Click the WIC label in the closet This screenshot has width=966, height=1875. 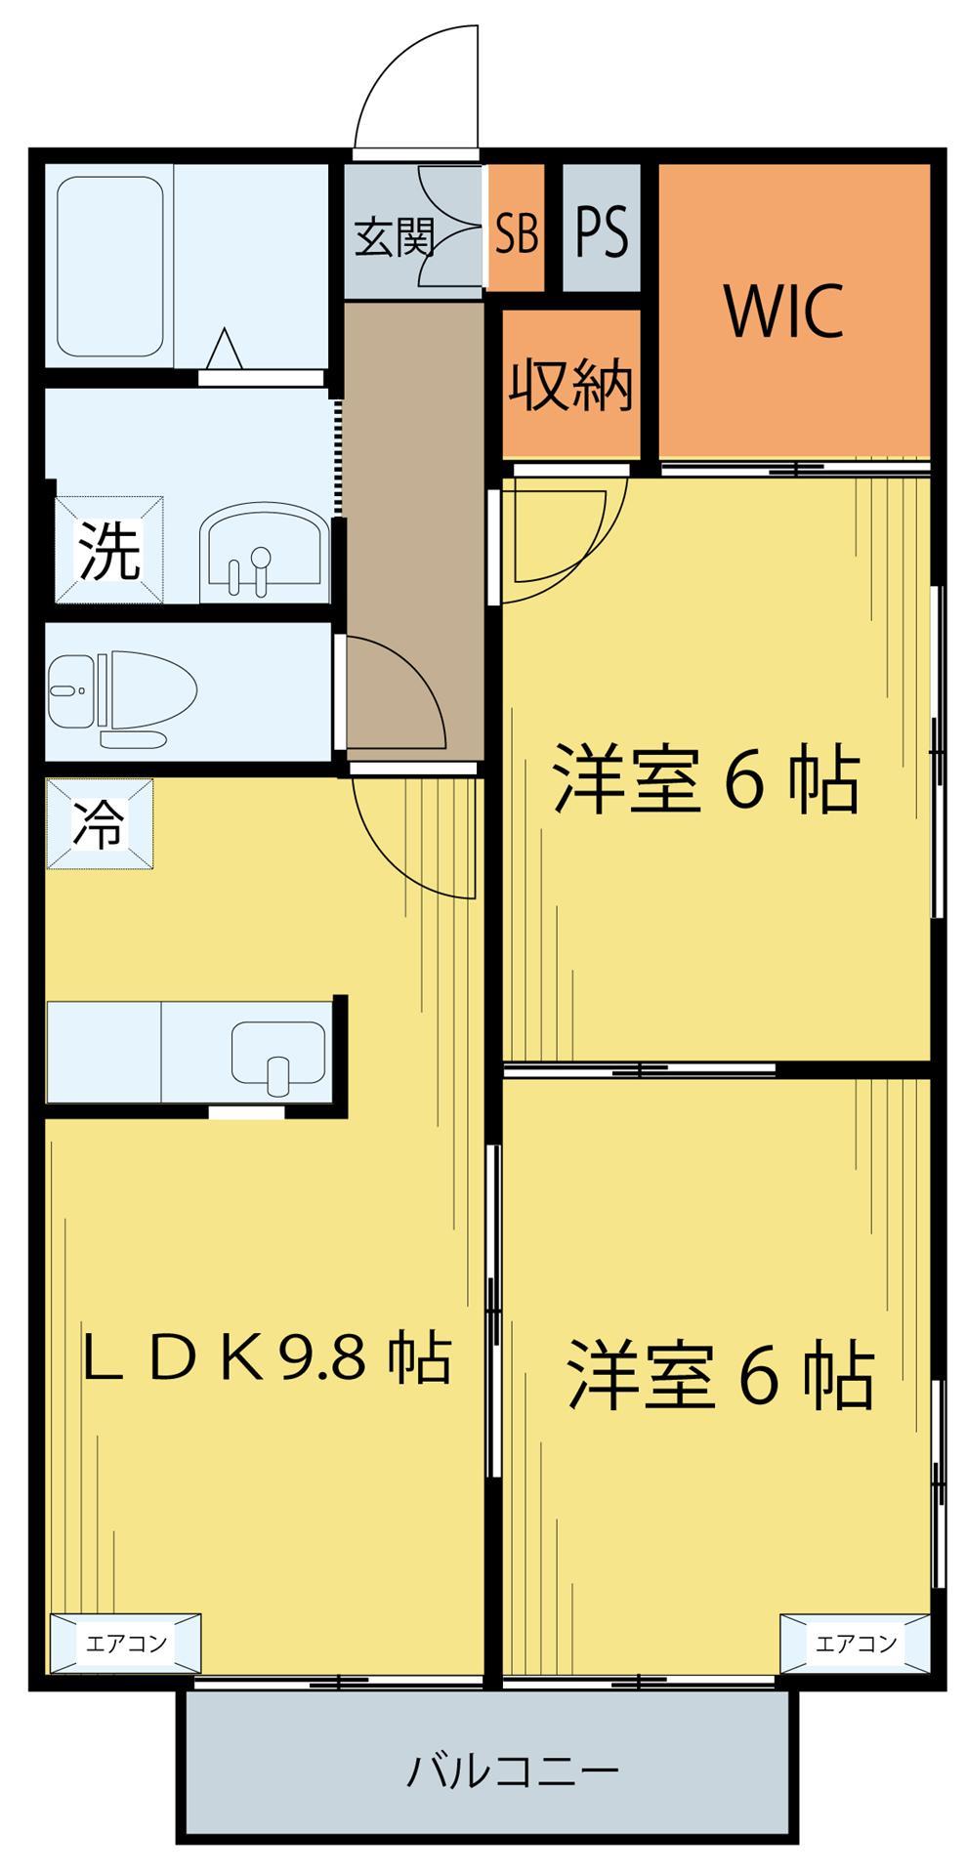(x=782, y=312)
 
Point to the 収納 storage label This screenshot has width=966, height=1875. (x=570, y=384)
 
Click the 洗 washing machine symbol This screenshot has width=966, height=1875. (x=108, y=550)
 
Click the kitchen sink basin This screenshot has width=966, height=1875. (x=277, y=1056)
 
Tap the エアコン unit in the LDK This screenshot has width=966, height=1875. (x=126, y=1643)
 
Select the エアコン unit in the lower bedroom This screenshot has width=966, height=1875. (x=855, y=1643)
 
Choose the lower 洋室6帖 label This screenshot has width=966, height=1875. (x=720, y=1376)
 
